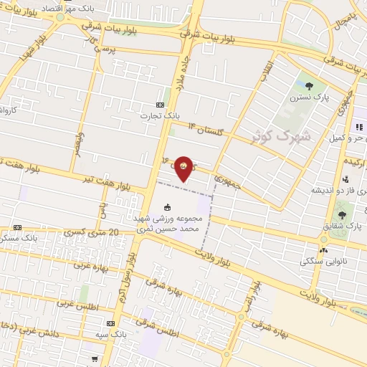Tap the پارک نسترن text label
309,97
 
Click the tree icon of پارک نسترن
309,86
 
